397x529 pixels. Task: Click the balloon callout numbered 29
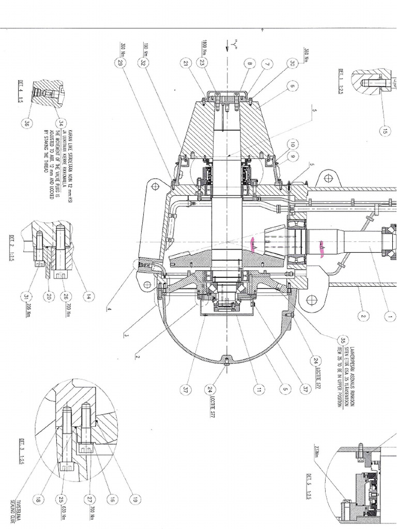click(121, 63)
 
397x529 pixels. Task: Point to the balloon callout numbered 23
click(202, 63)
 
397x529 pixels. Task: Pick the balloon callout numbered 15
click(385, 131)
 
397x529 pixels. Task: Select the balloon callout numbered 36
click(26, 123)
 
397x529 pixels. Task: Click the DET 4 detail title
click(21, 84)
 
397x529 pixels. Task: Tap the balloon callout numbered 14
click(89, 297)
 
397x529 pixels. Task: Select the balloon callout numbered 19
click(135, 500)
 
